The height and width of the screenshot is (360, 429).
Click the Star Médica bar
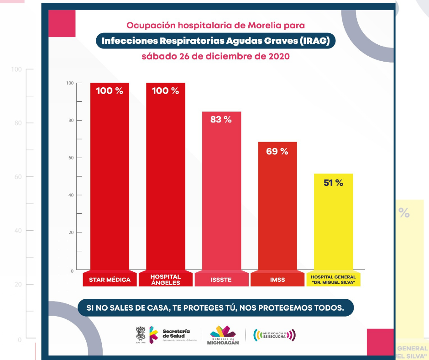[110, 183]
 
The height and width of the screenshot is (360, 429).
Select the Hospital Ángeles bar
[166, 183]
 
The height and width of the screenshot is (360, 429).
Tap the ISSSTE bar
[221, 196]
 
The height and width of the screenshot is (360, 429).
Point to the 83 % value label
[221, 120]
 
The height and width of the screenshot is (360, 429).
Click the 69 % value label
[277, 151]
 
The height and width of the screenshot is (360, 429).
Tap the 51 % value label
[333, 183]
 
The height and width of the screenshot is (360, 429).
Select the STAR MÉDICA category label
[110, 280]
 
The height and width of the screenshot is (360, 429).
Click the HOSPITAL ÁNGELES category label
[166, 280]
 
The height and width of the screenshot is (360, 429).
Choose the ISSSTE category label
[221, 280]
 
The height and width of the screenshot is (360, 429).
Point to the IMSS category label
[277, 280]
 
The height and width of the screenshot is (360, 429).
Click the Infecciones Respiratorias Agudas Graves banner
[215, 41]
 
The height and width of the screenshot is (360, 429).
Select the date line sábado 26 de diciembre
[215, 57]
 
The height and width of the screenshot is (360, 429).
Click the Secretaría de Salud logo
[167, 335]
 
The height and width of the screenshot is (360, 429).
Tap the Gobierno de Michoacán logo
[223, 335]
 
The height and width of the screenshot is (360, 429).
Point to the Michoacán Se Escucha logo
[274, 335]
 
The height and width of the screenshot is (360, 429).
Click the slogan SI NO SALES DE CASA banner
[215, 307]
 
